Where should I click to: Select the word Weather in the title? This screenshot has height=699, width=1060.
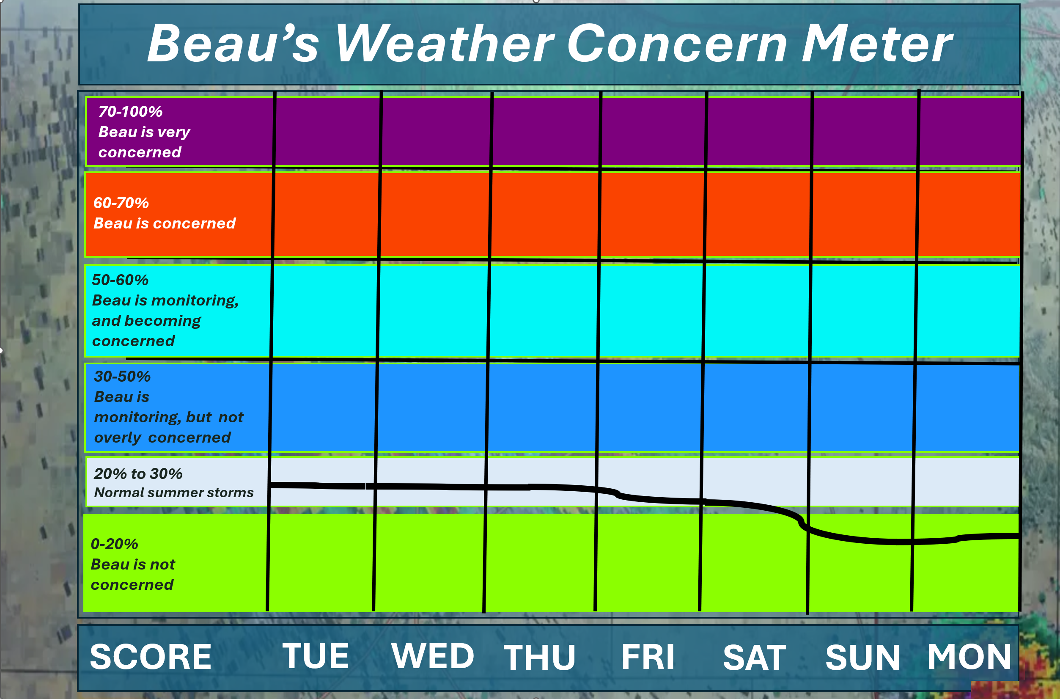(x=445, y=43)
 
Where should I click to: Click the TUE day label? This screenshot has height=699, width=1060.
(x=316, y=656)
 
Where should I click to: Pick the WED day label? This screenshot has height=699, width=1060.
(x=432, y=656)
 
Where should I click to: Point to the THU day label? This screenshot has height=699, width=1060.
(x=540, y=657)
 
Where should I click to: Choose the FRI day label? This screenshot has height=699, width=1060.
(x=648, y=657)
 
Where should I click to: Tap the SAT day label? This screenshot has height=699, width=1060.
(x=754, y=658)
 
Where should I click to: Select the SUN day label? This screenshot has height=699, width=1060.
(x=862, y=657)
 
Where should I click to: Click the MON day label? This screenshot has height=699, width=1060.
(x=969, y=656)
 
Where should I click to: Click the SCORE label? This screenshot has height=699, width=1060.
(x=151, y=657)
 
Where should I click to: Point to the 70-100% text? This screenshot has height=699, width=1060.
(x=130, y=111)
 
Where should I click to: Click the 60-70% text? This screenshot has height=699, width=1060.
(x=121, y=203)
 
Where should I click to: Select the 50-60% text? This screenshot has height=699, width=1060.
(x=120, y=280)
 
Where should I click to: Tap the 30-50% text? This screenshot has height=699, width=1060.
(x=123, y=376)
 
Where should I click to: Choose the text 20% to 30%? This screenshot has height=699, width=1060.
(x=138, y=473)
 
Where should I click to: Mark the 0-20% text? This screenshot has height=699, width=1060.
(x=115, y=544)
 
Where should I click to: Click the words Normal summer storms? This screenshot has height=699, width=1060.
(x=174, y=493)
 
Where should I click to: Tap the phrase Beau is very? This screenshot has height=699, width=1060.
(x=144, y=132)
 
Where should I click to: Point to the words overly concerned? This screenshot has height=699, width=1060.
(x=162, y=438)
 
